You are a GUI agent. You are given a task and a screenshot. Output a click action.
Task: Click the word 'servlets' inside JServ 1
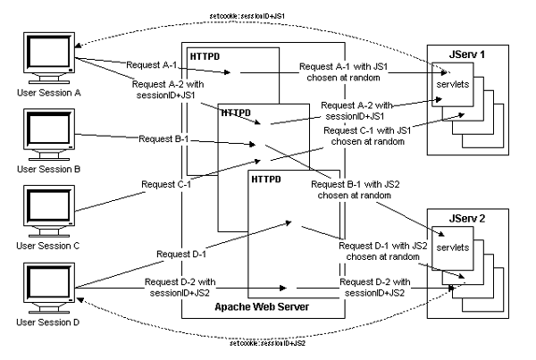point(449,84)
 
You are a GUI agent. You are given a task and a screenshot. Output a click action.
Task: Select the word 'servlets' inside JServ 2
point(449,245)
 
